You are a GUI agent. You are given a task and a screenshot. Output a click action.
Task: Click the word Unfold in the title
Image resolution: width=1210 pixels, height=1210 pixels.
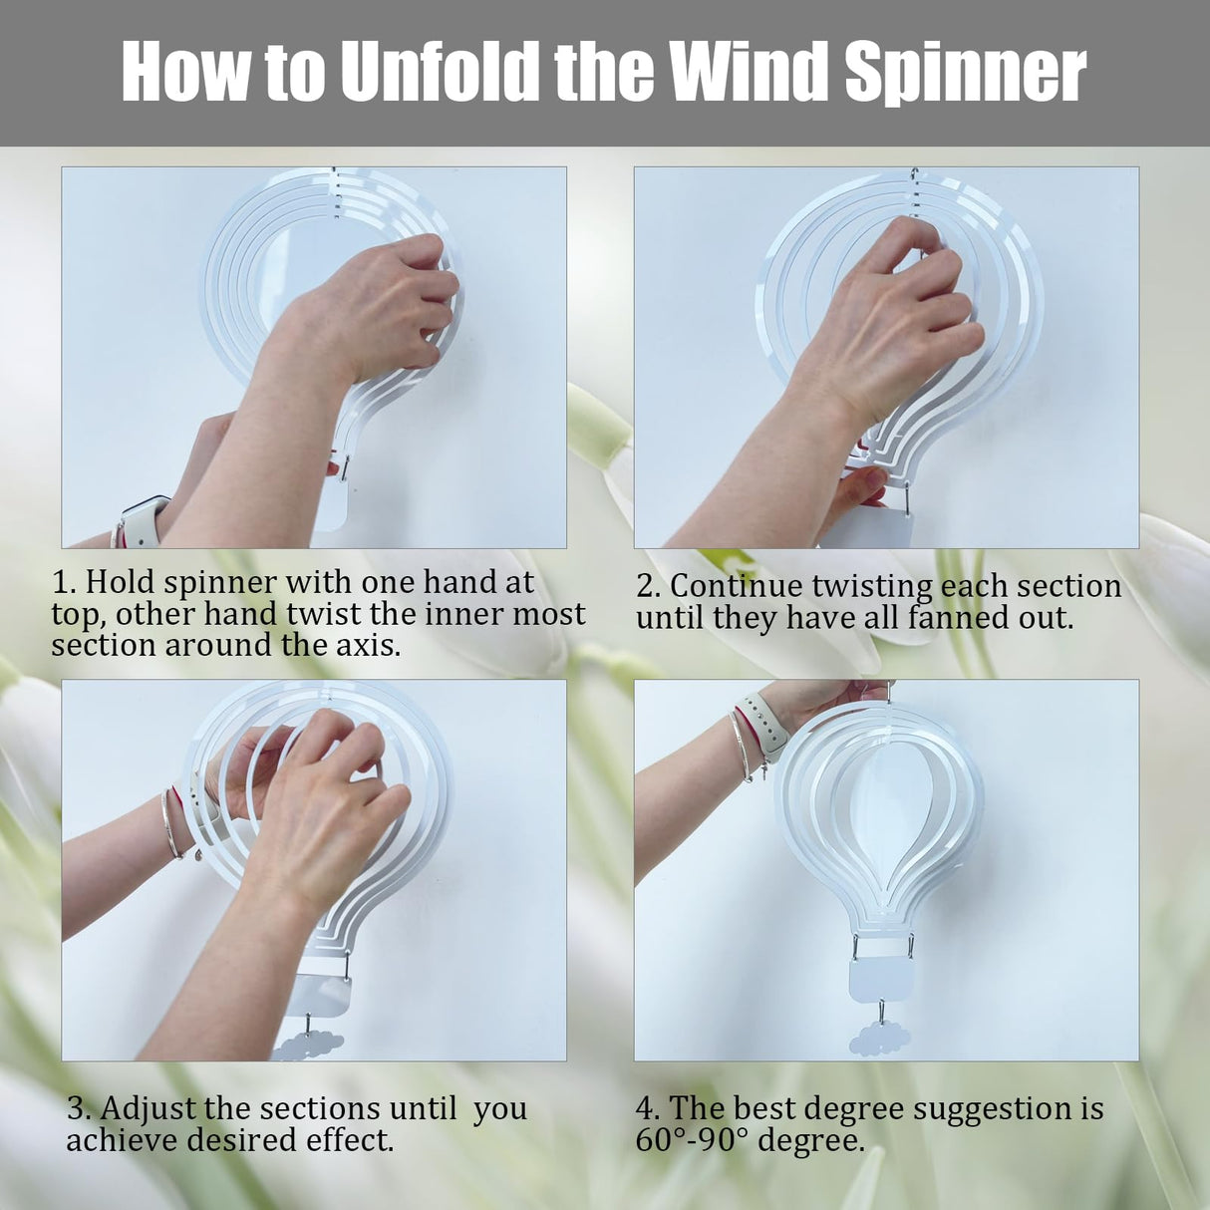[x=439, y=71]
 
